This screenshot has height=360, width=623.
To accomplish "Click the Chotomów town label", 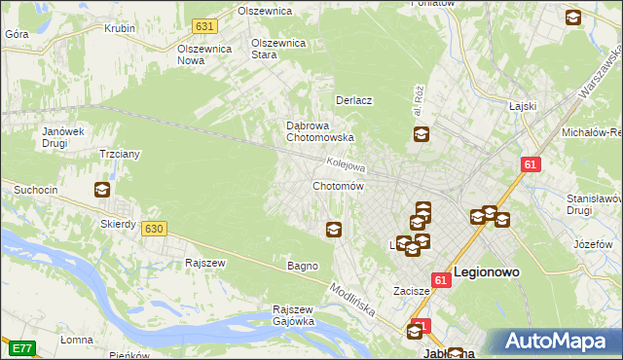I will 338,186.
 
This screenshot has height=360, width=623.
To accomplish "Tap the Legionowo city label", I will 493,273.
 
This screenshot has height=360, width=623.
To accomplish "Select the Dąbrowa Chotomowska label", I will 312,131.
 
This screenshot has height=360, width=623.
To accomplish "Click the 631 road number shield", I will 203,25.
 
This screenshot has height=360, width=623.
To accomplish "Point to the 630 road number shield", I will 153,228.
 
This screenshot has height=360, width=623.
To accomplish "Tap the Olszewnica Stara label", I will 278,49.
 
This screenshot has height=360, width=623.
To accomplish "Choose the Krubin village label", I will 119,28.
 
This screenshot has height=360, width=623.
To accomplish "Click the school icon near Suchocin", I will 101,191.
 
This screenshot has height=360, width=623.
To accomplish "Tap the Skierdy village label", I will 119,224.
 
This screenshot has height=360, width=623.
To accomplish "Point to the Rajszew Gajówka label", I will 293,315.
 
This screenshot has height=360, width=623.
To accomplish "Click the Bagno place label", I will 302,266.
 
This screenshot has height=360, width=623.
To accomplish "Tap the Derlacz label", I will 355,100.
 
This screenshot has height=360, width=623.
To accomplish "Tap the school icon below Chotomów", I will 334,230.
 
